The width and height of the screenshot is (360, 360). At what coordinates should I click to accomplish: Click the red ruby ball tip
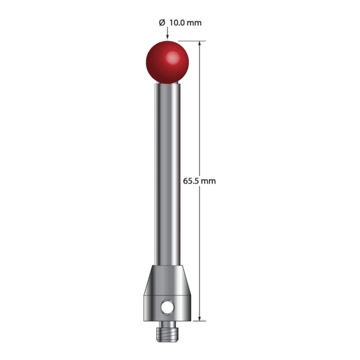click(x=168, y=62)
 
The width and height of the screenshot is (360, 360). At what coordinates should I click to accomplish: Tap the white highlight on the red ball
click(x=173, y=57)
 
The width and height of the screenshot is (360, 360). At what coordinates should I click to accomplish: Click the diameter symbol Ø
click(x=162, y=22)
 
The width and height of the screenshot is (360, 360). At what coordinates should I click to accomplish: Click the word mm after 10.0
click(x=194, y=23)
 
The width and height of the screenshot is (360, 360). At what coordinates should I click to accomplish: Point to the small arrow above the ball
click(x=168, y=33)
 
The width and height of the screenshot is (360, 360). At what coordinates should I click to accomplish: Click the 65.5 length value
click(x=190, y=181)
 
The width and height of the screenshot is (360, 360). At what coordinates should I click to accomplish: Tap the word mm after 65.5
click(x=208, y=181)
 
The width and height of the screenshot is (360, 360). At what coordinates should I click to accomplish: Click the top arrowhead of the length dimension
click(x=200, y=44)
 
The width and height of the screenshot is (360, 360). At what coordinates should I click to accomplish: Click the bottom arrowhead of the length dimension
click(x=200, y=317)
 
